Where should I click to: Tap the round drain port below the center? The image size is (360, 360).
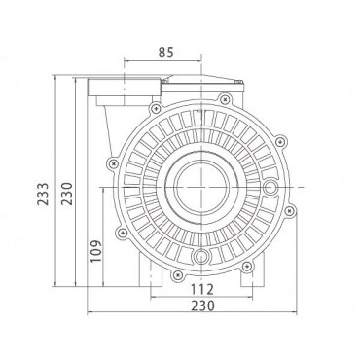point(201,257)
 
